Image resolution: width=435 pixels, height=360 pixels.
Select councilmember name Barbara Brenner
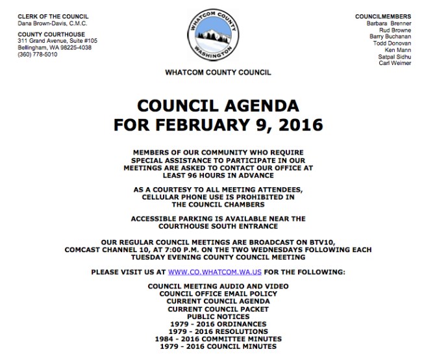click(x=387, y=23)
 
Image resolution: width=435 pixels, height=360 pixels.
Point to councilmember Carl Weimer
click(x=395, y=63)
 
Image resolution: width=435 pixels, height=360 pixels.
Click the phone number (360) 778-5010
click(x=38, y=54)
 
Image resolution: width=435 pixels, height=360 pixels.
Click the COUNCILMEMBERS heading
click(x=383, y=16)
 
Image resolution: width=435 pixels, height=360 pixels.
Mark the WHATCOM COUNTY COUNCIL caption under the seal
click(x=217, y=73)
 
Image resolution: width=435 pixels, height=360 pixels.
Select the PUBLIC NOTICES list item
click(x=217, y=316)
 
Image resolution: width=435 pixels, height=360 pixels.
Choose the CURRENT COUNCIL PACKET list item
click(x=217, y=309)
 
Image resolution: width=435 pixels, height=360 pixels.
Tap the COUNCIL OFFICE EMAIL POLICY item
click(x=217, y=294)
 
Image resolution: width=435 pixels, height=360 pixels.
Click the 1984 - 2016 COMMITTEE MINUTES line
click(x=217, y=339)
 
